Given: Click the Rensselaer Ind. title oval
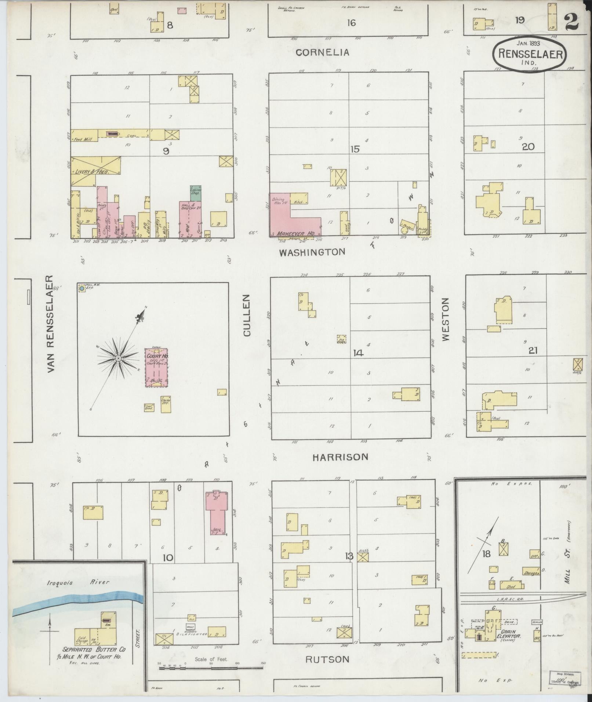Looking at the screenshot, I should [530, 54].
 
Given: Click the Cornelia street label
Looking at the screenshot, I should [322, 52].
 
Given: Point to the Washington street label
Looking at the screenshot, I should [312, 252].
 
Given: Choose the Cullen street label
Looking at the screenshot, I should [246, 315].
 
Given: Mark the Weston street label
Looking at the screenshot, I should [445, 319].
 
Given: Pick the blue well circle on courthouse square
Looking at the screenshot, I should [81, 289].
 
